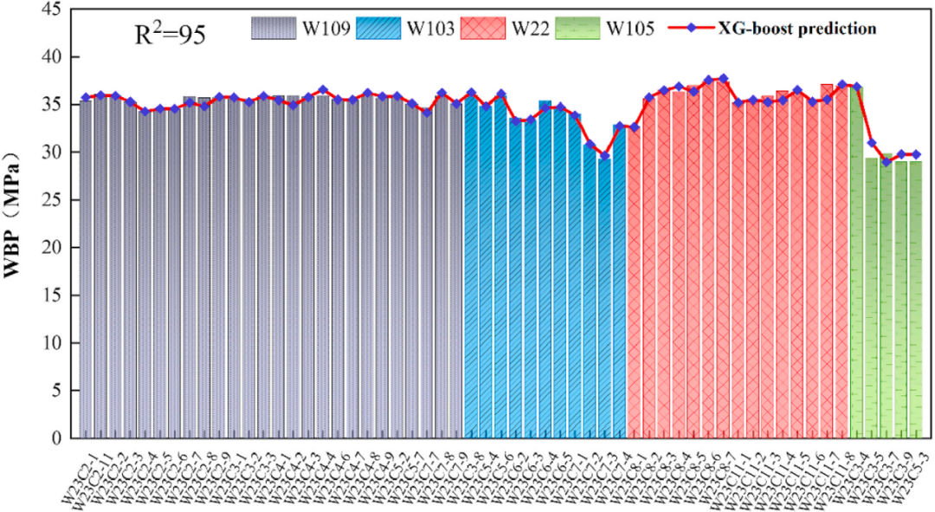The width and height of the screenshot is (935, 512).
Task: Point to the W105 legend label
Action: click(630, 29)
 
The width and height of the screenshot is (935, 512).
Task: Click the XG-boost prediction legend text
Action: click(796, 29)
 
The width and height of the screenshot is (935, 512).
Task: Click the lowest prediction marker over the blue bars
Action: click(605, 156)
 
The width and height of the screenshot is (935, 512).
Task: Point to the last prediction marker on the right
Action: click(916, 153)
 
